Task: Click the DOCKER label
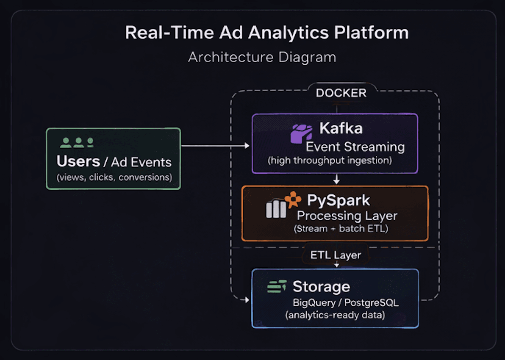click(x=341, y=93)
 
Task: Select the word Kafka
click(x=341, y=128)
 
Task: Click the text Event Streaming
click(x=355, y=147)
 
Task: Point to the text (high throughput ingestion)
click(x=330, y=161)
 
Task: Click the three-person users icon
click(x=77, y=143)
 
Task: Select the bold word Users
click(x=78, y=161)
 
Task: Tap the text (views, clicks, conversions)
click(x=114, y=177)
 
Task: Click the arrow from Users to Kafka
click(x=216, y=146)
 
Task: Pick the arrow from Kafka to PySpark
click(x=336, y=179)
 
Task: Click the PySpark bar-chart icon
click(x=276, y=209)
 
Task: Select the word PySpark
click(x=339, y=200)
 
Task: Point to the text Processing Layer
click(x=347, y=216)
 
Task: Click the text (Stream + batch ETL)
click(x=341, y=229)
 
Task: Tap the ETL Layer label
click(x=336, y=255)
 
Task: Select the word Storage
click(x=322, y=287)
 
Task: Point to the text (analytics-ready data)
click(x=335, y=315)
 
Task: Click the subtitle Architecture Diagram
click(x=262, y=57)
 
